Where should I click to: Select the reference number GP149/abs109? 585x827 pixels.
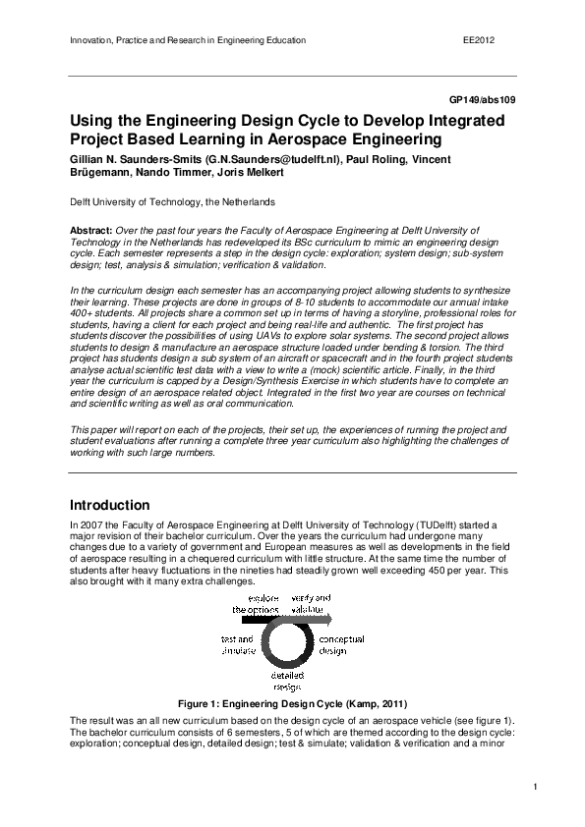tap(483, 100)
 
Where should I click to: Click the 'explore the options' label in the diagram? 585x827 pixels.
tap(255, 604)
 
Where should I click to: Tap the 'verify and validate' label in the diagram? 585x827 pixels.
tap(311, 604)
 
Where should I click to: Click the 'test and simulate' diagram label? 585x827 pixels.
tap(238, 644)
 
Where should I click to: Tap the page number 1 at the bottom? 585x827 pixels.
tap(535, 787)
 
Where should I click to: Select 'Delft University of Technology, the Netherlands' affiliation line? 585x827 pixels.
tap(172, 201)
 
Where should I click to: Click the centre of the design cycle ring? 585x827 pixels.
tap(287, 643)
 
